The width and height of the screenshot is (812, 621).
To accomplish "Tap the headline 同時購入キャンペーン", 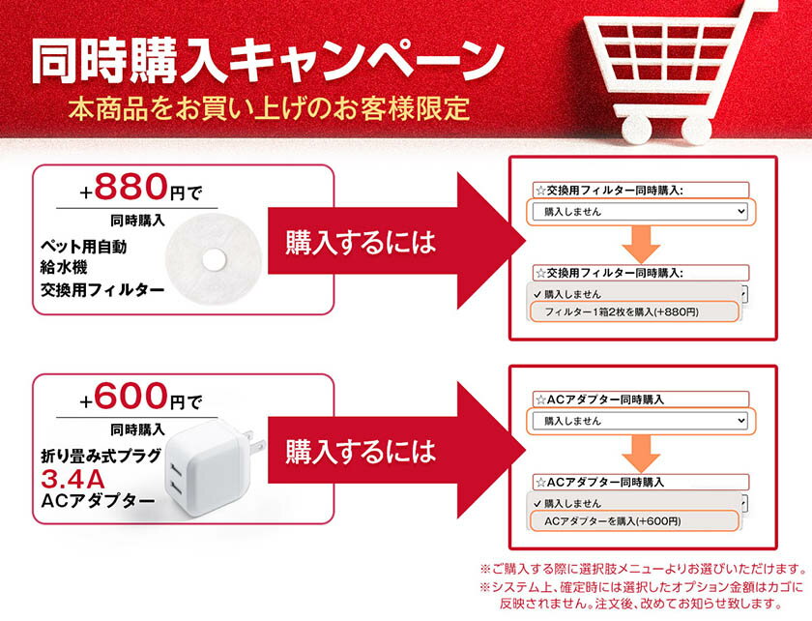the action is [x=268, y=61].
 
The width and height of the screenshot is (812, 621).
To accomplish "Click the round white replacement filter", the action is [x=214, y=259].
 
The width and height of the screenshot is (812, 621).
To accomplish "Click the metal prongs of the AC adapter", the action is [x=255, y=442].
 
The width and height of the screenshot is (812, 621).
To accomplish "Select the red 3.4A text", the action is [x=73, y=479].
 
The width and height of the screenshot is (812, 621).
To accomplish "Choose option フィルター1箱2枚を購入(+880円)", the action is [x=622, y=312].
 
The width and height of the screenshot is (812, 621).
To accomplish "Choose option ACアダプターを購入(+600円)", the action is [x=613, y=521].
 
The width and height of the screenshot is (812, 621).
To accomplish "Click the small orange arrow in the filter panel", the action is [x=641, y=245].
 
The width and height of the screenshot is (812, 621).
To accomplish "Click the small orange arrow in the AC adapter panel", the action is [x=641, y=454].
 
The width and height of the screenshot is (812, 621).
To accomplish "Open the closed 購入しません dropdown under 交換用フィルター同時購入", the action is [x=641, y=212].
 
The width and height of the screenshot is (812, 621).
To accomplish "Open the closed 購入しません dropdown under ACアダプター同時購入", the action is [x=641, y=421].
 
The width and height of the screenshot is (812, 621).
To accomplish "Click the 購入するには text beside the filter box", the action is [x=361, y=243].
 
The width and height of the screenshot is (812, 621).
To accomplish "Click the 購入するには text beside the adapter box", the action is [x=361, y=452].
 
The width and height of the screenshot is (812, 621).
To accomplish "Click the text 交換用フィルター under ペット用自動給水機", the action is [x=102, y=290].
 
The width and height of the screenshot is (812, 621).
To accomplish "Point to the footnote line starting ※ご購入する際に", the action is [x=643, y=569].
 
